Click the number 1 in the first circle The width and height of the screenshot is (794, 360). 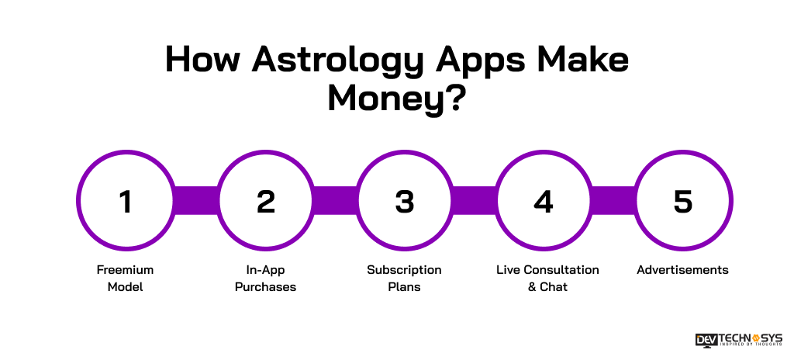(x=126, y=202)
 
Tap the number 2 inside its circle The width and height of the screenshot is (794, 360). (x=265, y=202)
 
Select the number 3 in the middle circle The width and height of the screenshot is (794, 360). (x=404, y=202)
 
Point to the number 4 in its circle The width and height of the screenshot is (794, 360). (x=544, y=202)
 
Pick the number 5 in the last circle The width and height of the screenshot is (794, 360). (x=682, y=202)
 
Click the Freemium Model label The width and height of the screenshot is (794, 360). (x=126, y=279)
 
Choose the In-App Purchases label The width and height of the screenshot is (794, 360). (x=265, y=279)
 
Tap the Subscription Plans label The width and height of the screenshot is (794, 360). (x=404, y=279)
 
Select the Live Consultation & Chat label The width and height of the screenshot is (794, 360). (x=547, y=279)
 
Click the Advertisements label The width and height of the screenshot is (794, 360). (x=682, y=270)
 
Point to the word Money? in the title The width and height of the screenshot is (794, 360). (x=396, y=99)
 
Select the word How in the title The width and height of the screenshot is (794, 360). (x=201, y=60)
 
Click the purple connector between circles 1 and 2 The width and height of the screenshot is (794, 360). (x=195, y=202)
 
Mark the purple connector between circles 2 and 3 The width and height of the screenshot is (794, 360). (x=335, y=202)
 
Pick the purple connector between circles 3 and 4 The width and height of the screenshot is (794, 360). (x=474, y=202)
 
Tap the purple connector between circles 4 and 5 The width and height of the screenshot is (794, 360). (x=613, y=202)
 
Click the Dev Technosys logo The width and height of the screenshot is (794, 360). (x=739, y=341)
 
